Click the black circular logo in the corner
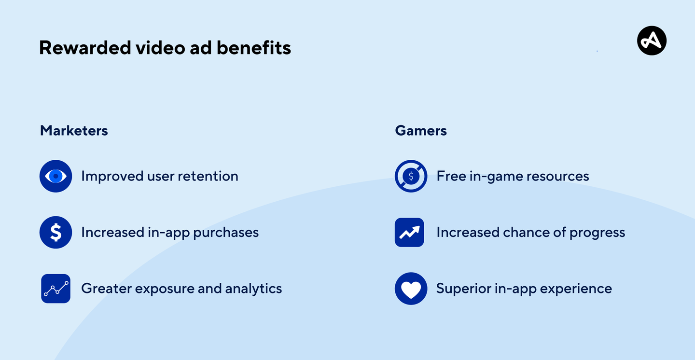(x=652, y=41)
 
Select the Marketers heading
(x=74, y=131)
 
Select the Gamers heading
(x=421, y=131)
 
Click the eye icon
(x=56, y=176)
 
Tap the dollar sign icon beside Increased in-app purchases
(x=56, y=233)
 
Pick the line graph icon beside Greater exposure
(x=56, y=289)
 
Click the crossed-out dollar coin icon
(x=411, y=176)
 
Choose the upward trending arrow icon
(x=409, y=233)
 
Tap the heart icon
(x=411, y=289)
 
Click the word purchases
(x=226, y=233)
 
